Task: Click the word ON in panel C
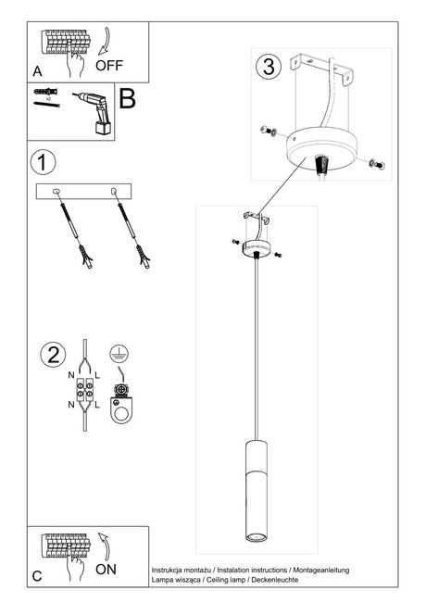(106, 569)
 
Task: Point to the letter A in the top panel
(37, 70)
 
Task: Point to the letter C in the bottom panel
(37, 576)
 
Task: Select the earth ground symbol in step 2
(118, 353)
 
